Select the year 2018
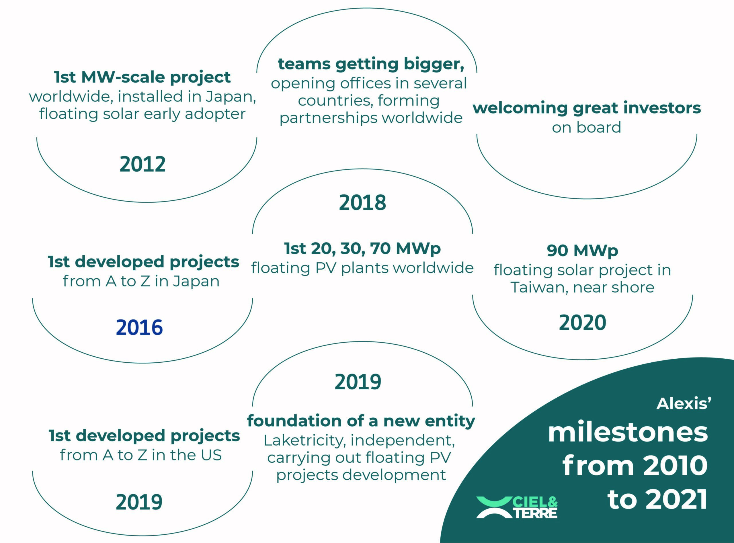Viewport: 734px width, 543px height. point(363,202)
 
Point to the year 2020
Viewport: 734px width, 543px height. point(582,322)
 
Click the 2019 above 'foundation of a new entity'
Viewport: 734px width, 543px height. point(358,382)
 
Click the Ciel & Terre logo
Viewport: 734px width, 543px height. point(517,507)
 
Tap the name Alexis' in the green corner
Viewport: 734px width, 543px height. point(684,404)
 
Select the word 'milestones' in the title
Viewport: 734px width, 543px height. point(628,433)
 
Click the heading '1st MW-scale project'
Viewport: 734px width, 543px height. point(142,77)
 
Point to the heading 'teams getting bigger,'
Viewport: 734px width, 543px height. point(371,64)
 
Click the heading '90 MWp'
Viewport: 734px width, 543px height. point(582,251)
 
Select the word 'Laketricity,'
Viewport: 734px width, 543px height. point(305,440)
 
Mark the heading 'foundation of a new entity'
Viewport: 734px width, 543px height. point(361,421)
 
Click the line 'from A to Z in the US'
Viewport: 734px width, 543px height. point(141,455)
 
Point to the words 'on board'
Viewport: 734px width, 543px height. point(586,127)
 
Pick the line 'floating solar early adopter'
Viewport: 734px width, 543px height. point(142,114)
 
